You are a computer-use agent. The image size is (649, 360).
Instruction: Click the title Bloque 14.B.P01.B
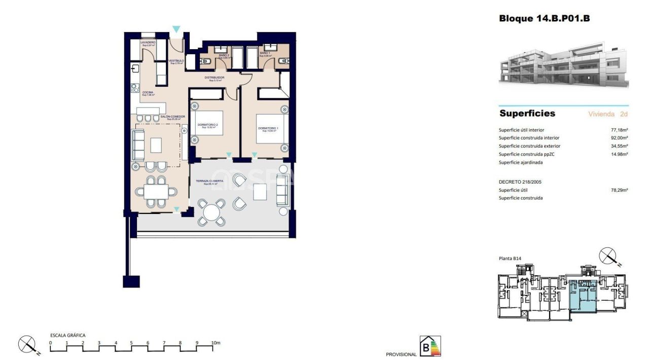pyautogui.click(x=544, y=19)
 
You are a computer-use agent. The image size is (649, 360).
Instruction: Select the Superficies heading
pyautogui.click(x=527, y=114)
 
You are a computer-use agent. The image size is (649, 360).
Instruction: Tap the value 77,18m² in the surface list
pyautogui.click(x=619, y=130)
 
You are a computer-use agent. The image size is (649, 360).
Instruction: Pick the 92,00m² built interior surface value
pyautogui.click(x=619, y=138)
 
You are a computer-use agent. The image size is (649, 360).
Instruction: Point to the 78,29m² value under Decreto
pyautogui.click(x=619, y=190)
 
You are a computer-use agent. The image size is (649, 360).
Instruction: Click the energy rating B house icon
pyautogui.click(x=430, y=346)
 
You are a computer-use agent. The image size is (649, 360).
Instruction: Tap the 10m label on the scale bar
pyautogui.click(x=216, y=343)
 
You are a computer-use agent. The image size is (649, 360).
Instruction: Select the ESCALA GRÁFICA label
pyautogui.click(x=67, y=335)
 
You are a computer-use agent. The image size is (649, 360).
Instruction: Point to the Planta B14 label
pyautogui.click(x=510, y=259)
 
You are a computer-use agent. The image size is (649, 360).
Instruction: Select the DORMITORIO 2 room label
pyautogui.click(x=209, y=125)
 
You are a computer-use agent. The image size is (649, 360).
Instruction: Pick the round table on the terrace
pyautogui.click(x=211, y=211)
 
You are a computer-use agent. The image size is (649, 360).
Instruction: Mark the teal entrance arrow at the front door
pyautogui.click(x=176, y=29)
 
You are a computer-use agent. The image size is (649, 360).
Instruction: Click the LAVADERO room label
pyautogui.click(x=148, y=43)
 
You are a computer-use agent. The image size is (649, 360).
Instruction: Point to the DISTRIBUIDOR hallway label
pyautogui.click(x=214, y=78)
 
